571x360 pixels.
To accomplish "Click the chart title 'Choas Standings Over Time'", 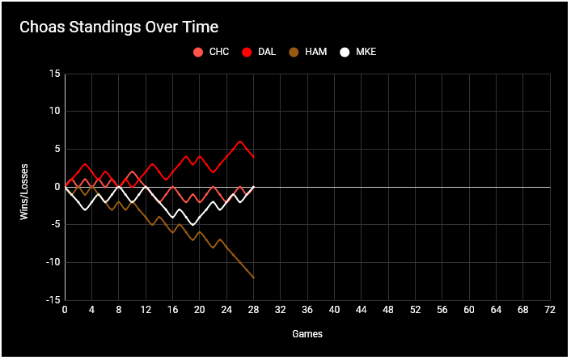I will [119, 27].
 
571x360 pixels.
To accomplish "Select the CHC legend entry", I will [211, 52].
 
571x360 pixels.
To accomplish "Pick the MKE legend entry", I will [357, 52].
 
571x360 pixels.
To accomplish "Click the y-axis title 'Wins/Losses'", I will [25, 187].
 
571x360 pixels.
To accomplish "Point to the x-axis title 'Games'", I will [307, 332].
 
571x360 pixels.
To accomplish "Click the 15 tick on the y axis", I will [55, 74].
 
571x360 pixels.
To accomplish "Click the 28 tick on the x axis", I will [254, 310].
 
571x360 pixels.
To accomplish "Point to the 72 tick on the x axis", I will [550, 310].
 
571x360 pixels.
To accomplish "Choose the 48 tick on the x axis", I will [388, 310].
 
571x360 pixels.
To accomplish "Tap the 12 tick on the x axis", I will [146, 310].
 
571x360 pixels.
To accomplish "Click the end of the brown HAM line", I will [254, 277].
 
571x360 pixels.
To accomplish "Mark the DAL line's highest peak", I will [240, 142].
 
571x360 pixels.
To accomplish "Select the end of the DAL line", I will [254, 157].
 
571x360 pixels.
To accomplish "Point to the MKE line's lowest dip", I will [192, 224].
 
